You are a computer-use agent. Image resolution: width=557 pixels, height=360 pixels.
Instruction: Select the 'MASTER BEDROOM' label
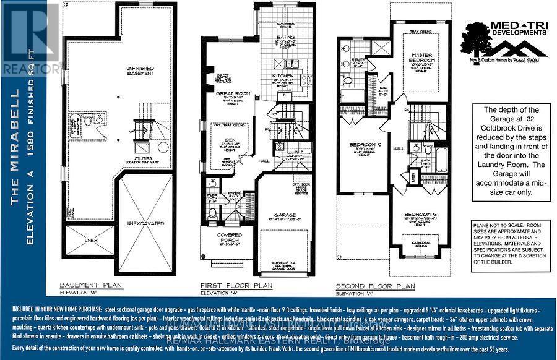421,56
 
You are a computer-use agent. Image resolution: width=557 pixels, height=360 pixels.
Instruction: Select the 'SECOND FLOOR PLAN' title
375,286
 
